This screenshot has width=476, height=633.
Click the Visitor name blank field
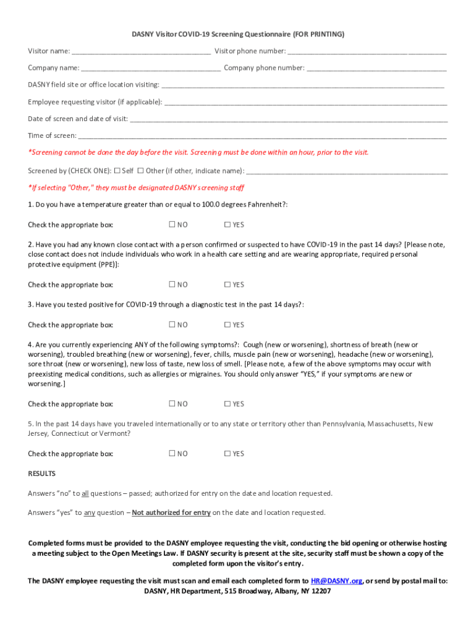click(x=141, y=51)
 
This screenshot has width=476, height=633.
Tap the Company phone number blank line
click(x=376, y=68)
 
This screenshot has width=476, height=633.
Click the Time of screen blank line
click(x=262, y=136)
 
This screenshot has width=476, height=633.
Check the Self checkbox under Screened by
click(x=117, y=170)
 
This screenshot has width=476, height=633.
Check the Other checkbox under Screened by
click(x=140, y=170)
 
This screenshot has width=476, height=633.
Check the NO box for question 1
click(x=172, y=224)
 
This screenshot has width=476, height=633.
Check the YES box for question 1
click(x=227, y=224)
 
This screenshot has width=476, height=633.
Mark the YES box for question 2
click(x=227, y=284)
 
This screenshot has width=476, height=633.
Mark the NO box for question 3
click(x=172, y=325)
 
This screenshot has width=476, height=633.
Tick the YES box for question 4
click(x=227, y=404)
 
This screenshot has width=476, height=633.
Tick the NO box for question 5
click(x=172, y=454)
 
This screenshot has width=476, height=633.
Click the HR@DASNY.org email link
click(x=337, y=581)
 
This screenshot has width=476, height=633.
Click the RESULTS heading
click(x=41, y=474)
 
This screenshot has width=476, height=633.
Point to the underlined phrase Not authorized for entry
click(x=171, y=512)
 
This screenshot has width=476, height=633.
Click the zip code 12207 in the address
click(x=320, y=591)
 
